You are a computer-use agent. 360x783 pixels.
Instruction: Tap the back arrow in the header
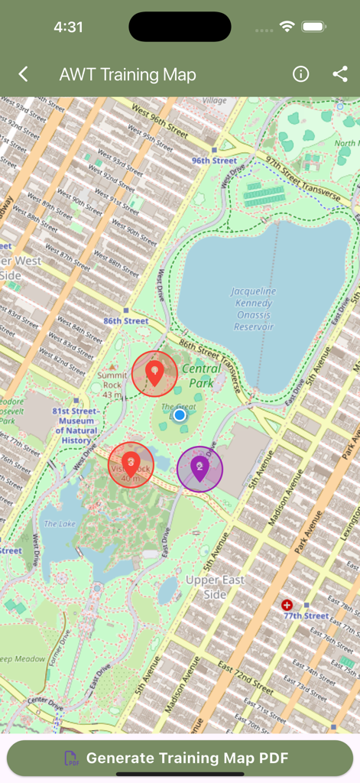coord(24,74)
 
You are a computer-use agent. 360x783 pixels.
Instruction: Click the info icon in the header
coord(301,74)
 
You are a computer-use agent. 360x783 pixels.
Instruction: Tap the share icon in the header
coord(340,74)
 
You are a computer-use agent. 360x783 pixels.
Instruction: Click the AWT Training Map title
coord(128,74)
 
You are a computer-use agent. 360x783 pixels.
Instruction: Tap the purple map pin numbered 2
coord(199,468)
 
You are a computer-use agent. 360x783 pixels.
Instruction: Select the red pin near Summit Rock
coord(154,373)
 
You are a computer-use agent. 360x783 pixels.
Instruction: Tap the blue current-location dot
coord(180,415)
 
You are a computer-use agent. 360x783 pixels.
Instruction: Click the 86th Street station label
coord(126,321)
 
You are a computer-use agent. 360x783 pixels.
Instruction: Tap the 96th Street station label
coord(214,161)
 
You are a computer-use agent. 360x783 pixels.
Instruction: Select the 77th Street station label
coord(306,616)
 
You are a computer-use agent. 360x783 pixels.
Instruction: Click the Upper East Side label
coord(216,587)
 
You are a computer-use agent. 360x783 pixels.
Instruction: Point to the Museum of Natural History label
coord(76,426)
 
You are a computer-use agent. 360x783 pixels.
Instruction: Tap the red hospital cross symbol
coord(287,605)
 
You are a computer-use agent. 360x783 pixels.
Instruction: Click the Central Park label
coord(202,375)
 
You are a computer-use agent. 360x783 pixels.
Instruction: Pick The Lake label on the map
coord(60,524)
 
